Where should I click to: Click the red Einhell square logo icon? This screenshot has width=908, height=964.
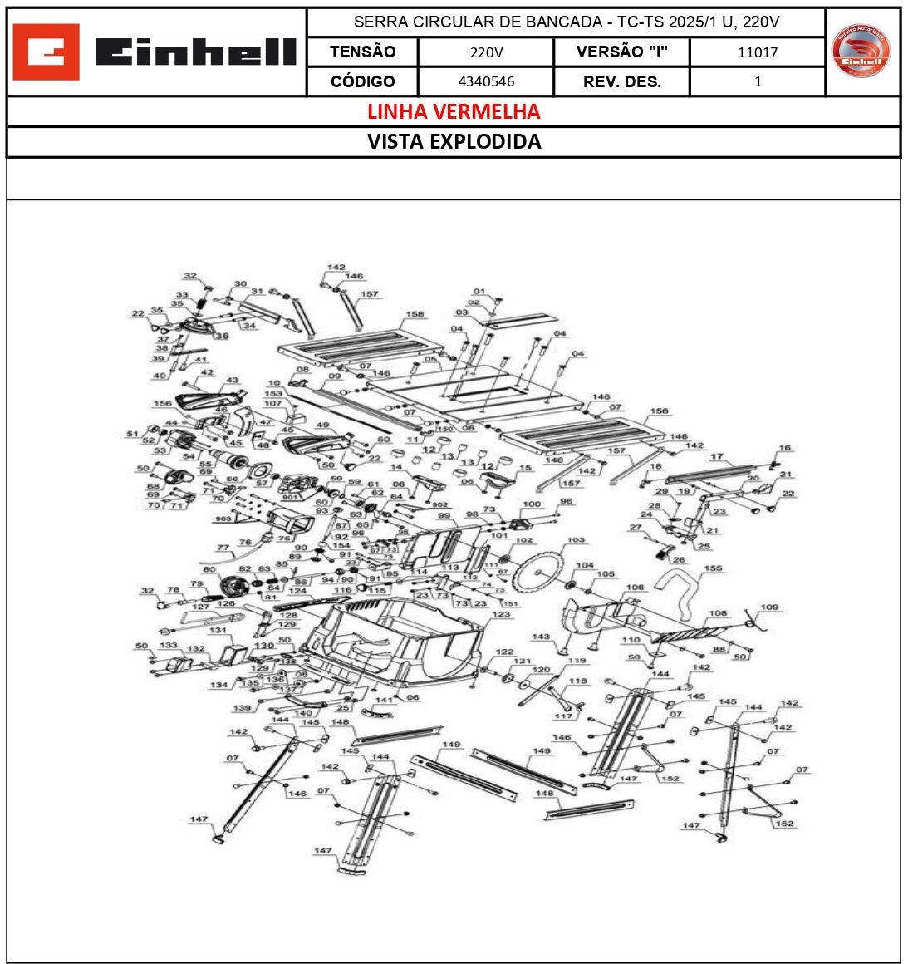pos(47,52)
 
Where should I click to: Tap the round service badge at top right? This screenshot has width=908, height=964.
pos(861,51)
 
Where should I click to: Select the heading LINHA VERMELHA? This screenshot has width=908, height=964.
pos(454,111)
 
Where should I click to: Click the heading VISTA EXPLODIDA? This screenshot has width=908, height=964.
pos(454,141)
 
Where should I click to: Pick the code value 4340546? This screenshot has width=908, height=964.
pos(486,81)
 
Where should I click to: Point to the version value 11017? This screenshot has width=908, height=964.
pos(758,52)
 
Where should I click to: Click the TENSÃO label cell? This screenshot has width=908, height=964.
pos(362,52)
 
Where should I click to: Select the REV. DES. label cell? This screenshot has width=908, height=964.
pos(621,81)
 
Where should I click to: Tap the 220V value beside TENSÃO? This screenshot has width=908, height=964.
pos(486,52)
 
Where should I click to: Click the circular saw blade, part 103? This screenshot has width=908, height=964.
pos(537,573)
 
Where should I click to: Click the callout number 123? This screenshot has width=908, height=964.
pos(501,615)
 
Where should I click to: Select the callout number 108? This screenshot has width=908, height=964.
pos(718,614)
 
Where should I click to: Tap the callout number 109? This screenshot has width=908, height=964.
pos(769,607)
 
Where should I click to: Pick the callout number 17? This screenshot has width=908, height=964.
pos(717,457)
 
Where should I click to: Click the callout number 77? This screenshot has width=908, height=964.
pos(223,548)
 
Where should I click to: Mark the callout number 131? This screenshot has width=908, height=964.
pos(218,631)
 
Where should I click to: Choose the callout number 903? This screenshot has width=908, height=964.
pos(223,519)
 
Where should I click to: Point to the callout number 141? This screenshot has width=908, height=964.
pos(383,701)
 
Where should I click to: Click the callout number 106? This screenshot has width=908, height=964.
pos(635,588)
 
